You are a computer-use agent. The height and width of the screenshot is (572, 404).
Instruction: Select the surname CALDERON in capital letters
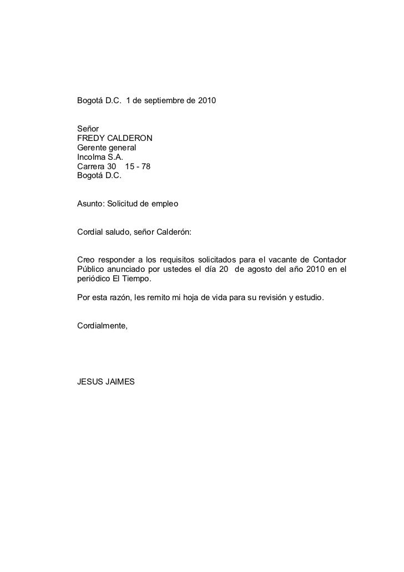coord(128,138)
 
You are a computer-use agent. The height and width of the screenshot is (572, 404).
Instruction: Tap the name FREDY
coord(88,138)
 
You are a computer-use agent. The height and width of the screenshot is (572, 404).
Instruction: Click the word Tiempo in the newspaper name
coord(136,279)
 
